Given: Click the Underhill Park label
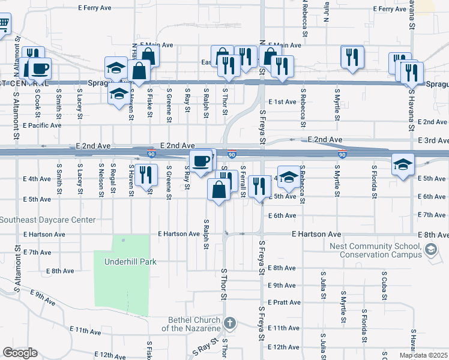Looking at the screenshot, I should pyautogui.click(x=130, y=262).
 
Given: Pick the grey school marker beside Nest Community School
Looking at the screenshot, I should pyautogui.click(x=430, y=249).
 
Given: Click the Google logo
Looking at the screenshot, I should pyautogui.click(x=20, y=353).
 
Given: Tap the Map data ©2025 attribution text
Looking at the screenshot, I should pyautogui.click(x=423, y=355).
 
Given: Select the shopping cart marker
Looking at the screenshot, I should pyautogui.click(x=4, y=25).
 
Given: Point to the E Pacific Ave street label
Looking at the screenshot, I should pyautogui.click(x=42, y=125).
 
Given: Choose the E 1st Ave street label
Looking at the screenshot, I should pyautogui.click(x=283, y=102).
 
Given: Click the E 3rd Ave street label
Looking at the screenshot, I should pyautogui.click(x=435, y=140).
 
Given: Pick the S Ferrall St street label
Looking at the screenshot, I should pyautogui.click(x=243, y=182).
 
